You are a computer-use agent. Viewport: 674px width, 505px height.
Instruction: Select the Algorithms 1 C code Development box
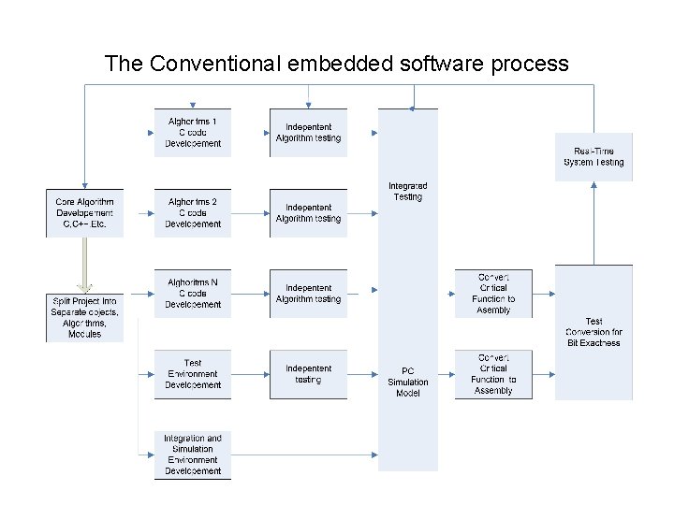pyautogui.click(x=193, y=133)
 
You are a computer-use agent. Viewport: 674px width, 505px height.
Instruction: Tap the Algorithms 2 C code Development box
pyautogui.click(x=193, y=213)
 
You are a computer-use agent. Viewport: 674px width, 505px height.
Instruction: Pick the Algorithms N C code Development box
pyautogui.click(x=193, y=294)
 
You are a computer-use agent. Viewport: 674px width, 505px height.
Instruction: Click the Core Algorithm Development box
pyautogui.click(x=85, y=213)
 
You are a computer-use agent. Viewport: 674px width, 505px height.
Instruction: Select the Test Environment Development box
pyautogui.click(x=193, y=374)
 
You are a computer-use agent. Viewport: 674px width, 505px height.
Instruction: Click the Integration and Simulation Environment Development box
pyautogui.click(x=193, y=454)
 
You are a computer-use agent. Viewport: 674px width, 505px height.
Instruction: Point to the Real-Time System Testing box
pyautogui.click(x=593, y=156)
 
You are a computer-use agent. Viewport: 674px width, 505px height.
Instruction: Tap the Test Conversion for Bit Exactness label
pyautogui.click(x=593, y=332)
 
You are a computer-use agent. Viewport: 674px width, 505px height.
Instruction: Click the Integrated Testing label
pyautogui.click(x=408, y=192)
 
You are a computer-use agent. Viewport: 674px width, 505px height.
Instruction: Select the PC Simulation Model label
pyautogui.click(x=408, y=382)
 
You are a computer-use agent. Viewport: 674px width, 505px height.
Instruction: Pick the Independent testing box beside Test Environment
pyautogui.click(x=308, y=374)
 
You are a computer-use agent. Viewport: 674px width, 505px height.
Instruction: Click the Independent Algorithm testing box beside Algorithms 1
pyautogui.click(x=308, y=133)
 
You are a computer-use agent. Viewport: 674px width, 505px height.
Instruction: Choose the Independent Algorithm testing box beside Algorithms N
pyautogui.click(x=308, y=294)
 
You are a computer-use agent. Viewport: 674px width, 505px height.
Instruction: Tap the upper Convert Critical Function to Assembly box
pyautogui.click(x=493, y=294)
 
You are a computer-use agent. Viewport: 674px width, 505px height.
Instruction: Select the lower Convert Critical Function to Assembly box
pyautogui.click(x=493, y=374)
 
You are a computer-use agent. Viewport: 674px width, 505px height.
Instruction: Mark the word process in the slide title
pyautogui.click(x=527, y=64)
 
